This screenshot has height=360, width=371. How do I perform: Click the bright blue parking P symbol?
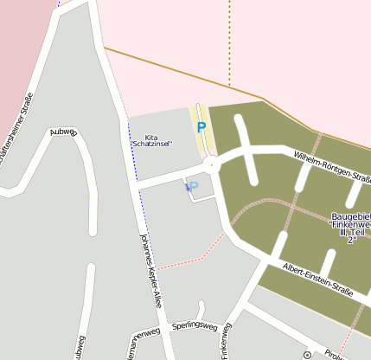click(x=201, y=127)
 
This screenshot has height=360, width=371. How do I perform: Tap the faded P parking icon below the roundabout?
click(x=192, y=186)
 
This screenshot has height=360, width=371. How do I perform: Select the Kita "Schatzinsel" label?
click(x=151, y=140)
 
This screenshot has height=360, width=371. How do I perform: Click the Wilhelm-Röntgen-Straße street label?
click(x=332, y=166)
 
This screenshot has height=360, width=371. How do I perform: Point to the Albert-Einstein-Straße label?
click(x=317, y=280)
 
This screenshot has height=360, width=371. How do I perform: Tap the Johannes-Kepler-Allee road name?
click(x=150, y=270)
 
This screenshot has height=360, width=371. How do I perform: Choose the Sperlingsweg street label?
click(x=192, y=326)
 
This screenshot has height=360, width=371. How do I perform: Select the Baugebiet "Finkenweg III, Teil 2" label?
click(x=350, y=228)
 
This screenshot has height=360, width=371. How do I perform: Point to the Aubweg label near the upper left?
click(x=64, y=132)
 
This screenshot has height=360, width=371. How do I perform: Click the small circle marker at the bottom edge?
click(x=307, y=355)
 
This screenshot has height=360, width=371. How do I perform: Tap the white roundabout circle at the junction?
click(x=212, y=164)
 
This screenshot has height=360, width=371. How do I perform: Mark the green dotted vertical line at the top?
click(x=229, y=43)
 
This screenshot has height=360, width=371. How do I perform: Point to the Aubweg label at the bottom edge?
click(x=80, y=348)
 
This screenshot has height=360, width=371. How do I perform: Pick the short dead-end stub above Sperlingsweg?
click(x=201, y=309)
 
